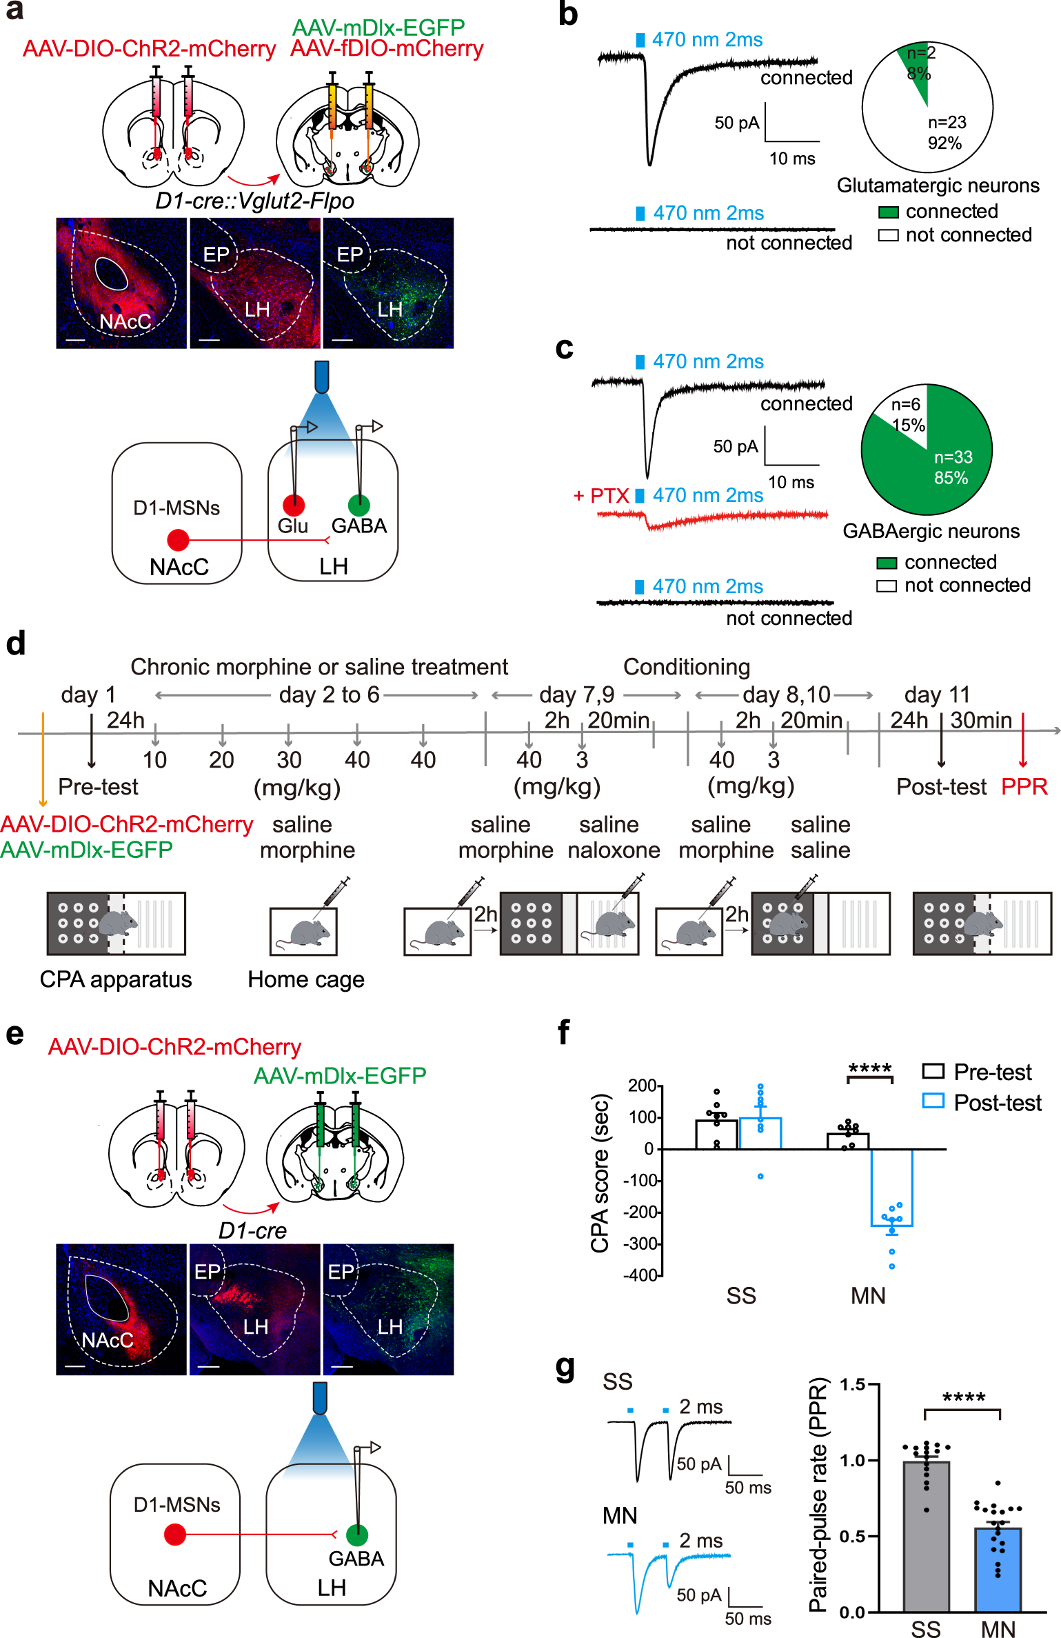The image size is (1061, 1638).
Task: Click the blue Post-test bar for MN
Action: point(892,1187)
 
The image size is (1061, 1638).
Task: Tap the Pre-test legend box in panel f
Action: point(933,1071)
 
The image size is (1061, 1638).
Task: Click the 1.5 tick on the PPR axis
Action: point(852,1384)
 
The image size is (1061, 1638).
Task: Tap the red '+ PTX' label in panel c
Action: point(601,496)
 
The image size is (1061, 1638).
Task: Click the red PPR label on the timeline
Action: point(1024,786)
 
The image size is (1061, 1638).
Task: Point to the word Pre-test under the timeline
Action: point(98,786)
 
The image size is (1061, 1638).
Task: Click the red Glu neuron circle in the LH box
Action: point(294,506)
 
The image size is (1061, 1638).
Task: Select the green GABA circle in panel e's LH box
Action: point(356,1535)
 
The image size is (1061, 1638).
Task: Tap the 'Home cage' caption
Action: point(305,979)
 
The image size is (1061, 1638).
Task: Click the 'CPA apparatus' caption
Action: point(116,979)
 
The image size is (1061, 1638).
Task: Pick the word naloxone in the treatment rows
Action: point(614,850)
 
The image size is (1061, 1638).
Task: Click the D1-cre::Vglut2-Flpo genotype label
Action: point(254,201)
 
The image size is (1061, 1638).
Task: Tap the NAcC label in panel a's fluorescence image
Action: point(125,322)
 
